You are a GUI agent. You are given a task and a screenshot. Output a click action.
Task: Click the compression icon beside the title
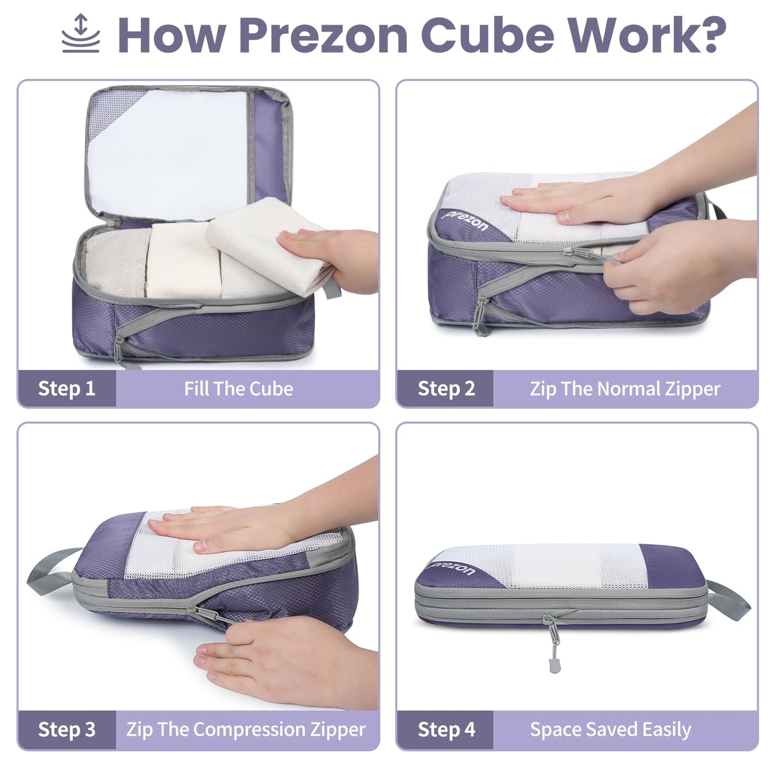80,34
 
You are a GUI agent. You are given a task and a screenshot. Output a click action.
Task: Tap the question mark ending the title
707,35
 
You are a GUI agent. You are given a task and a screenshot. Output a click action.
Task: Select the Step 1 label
66,388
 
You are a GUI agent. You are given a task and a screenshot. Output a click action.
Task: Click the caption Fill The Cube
238,388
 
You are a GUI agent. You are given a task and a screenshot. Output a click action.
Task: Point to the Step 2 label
446,388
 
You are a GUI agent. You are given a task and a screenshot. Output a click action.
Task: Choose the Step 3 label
66,730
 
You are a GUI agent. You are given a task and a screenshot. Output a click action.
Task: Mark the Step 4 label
446,730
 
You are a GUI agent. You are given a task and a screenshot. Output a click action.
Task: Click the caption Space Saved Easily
611,730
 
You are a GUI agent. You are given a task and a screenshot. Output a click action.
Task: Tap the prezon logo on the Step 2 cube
466,221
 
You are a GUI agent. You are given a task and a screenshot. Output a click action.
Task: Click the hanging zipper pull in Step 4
553,651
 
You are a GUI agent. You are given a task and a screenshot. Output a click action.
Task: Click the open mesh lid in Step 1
166,153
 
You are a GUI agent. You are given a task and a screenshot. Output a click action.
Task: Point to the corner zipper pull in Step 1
121,351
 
